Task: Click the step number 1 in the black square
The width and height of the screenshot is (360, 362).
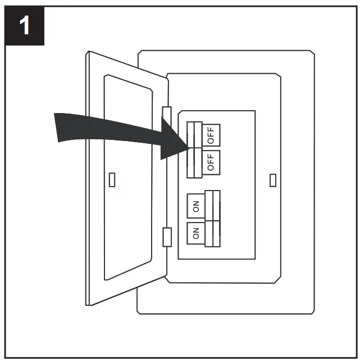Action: pyautogui.click(x=25, y=26)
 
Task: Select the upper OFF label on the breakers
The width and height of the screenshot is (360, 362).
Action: pyautogui.click(x=211, y=135)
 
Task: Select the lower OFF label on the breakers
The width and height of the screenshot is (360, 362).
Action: pyautogui.click(x=211, y=162)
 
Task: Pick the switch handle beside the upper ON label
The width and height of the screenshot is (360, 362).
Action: pyautogui.click(x=212, y=205)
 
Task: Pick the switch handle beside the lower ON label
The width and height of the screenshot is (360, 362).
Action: pyautogui.click(x=212, y=232)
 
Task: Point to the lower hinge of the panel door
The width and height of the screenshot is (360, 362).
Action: pyautogui.click(x=166, y=237)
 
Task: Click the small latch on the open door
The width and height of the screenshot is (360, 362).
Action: pyautogui.click(x=112, y=179)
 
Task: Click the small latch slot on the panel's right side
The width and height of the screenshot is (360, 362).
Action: pyautogui.click(x=273, y=180)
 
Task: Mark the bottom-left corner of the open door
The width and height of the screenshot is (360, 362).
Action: pyautogui.click(x=90, y=304)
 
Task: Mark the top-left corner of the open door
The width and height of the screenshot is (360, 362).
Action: pyautogui.click(x=88, y=53)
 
